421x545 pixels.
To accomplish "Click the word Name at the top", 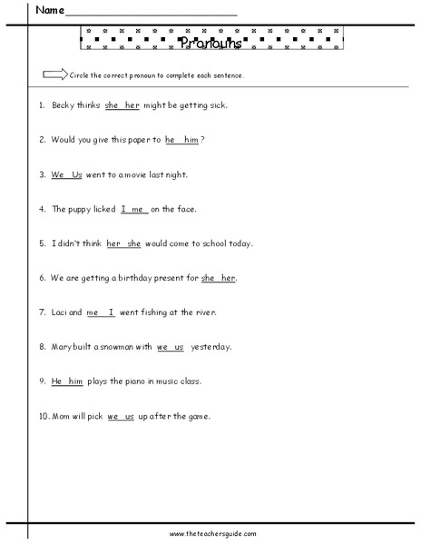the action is coord(51,11).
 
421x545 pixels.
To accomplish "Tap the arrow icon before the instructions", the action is coord(54,74).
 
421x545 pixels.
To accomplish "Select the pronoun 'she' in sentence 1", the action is coord(113,105).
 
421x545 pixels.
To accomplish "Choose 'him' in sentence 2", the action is coord(191,140).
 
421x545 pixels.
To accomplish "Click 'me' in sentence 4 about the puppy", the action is coord(139,209).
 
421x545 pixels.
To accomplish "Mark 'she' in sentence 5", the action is coord(134,243).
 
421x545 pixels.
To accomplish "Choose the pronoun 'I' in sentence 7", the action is coord(112,312).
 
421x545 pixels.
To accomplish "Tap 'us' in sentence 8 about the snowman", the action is coord(178,347).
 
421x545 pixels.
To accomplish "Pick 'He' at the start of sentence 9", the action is coord(56,381).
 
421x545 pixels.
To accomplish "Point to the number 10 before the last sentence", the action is coord(42,416).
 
